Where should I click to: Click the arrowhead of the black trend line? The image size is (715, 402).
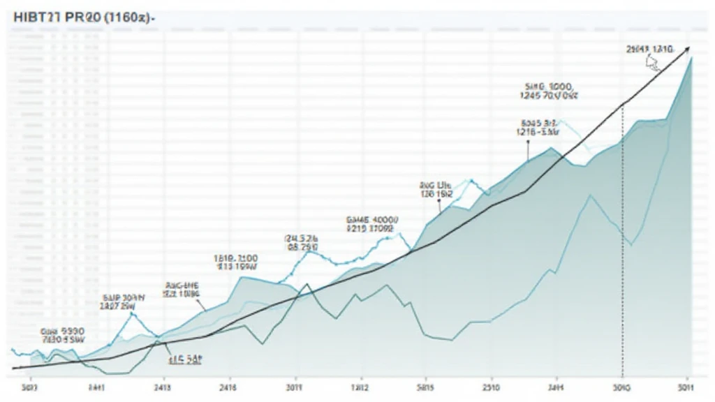(687, 47)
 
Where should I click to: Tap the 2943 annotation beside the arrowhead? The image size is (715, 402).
(649, 49)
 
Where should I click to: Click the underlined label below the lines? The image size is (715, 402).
(185, 359)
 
